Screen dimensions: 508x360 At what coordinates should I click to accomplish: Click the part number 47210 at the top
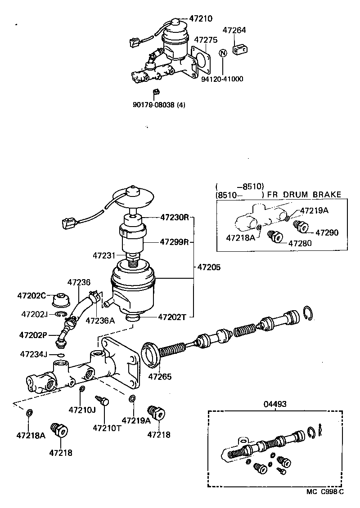[201, 18]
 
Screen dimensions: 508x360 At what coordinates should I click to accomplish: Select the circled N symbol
[222, 53]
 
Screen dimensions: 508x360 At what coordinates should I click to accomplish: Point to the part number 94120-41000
[222, 79]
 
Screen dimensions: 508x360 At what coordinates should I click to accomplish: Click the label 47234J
[33, 354]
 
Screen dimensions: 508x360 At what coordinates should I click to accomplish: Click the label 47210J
[82, 410]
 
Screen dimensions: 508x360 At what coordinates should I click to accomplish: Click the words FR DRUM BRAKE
[304, 195]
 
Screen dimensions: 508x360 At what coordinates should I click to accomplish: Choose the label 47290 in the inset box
[327, 232]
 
